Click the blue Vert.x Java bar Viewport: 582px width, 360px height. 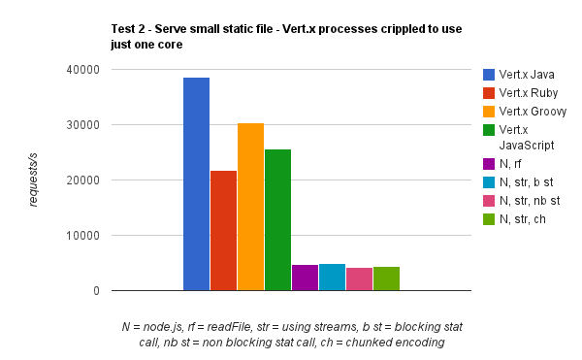(196, 184)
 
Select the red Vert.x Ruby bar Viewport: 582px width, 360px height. (223, 231)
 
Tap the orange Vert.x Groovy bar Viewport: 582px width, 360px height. (250, 207)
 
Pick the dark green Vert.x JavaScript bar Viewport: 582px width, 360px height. (277, 219)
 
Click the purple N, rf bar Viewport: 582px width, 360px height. (305, 278)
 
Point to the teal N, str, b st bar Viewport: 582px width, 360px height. (332, 278)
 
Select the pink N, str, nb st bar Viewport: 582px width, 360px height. (359, 278)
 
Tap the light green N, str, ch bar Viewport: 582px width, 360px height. (386, 278)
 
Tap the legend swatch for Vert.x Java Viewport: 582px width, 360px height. (488, 75)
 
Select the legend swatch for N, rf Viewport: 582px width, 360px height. (488, 163)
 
